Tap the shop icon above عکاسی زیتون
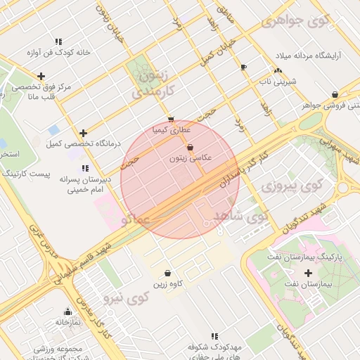(x=191, y=148)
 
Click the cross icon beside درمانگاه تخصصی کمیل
(x=84, y=133)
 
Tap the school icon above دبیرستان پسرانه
(x=85, y=168)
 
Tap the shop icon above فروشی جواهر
(x=335, y=94)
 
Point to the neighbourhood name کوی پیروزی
(x=290, y=186)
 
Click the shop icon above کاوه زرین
(x=167, y=273)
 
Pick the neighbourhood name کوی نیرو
(x=127, y=298)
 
